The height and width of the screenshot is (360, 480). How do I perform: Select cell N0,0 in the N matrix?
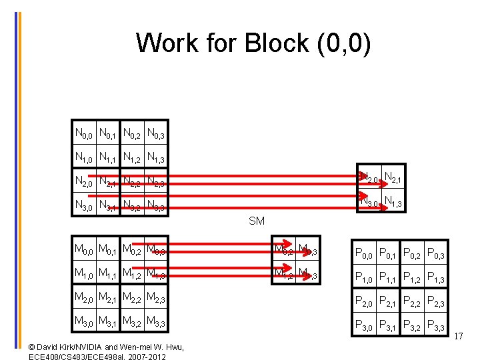84,134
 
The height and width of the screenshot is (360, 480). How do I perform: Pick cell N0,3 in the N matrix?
155,134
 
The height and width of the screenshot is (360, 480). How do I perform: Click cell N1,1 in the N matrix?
108,158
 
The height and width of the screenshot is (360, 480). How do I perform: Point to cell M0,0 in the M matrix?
84,251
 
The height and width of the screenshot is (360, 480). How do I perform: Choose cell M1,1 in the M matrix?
108,275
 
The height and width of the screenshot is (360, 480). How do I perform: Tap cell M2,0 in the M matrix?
84,298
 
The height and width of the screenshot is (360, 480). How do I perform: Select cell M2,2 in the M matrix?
132,298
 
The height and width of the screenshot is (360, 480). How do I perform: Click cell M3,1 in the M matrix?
108,323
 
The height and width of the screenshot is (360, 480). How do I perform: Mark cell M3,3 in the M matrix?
155,323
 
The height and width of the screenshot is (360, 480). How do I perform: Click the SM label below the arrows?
256,221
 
